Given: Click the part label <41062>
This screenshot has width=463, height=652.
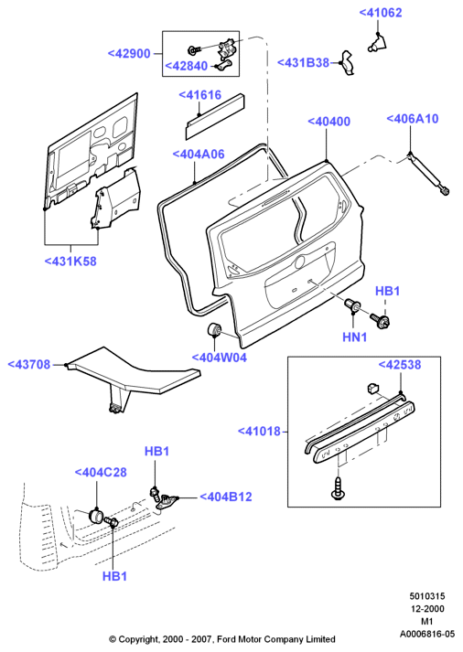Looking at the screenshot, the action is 381,13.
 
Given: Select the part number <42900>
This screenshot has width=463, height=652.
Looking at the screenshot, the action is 129,54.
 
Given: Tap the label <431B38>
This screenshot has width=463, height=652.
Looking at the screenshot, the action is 303,62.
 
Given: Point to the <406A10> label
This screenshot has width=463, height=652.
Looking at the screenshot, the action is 413,119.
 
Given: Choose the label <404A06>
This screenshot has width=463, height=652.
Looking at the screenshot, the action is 199,155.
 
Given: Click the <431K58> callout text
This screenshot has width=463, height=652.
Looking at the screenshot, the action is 70,262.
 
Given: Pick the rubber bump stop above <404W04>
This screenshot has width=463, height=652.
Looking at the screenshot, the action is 215,329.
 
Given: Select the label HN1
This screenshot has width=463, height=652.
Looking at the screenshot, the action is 354,337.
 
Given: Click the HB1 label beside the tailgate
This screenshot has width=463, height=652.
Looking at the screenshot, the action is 387,291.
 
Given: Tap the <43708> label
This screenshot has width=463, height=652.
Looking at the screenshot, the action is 29,365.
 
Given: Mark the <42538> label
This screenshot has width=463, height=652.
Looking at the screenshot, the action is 399,365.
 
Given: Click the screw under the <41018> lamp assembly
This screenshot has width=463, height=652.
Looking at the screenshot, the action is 338,489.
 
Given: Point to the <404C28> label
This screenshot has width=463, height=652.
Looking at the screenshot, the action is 101,473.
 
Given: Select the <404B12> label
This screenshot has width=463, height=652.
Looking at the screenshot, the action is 226,497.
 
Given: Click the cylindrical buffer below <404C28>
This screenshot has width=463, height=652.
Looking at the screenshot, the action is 96,516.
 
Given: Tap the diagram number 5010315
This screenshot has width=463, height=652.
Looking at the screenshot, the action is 427,596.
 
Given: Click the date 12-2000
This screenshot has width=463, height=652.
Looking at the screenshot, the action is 427,609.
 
